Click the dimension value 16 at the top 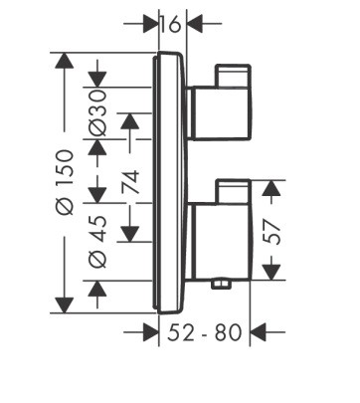coord(171,24)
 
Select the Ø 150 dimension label coord(66,182)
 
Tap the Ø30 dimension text coord(98,113)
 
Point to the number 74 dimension coord(131,182)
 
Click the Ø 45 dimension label coord(98,242)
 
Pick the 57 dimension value coord(271,232)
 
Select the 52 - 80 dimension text coord(205,332)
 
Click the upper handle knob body coord(220,113)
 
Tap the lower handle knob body coord(220,241)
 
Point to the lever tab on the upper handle coord(233,76)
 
